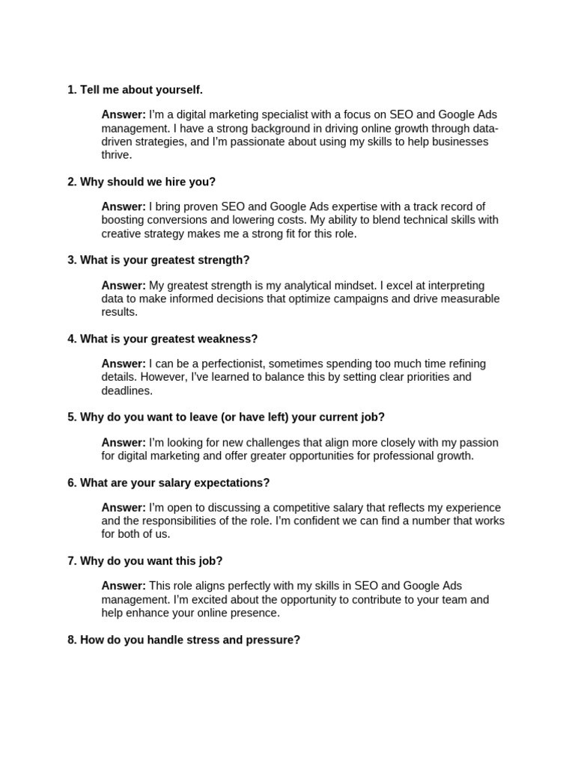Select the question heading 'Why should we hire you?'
pos(147,182)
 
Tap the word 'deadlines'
pos(126,390)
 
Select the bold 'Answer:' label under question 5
pos(124,442)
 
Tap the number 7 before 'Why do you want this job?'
pos(71,561)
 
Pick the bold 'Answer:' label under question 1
pos(124,114)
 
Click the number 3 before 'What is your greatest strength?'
pos(71,260)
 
